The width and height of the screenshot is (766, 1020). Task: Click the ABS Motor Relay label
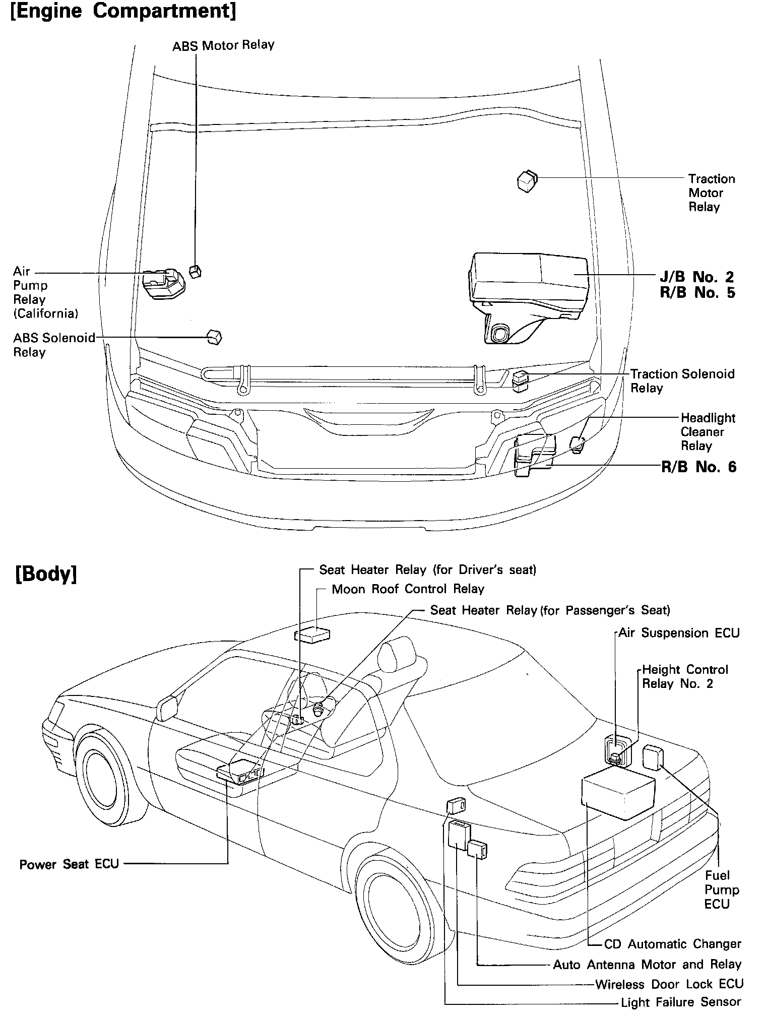223,45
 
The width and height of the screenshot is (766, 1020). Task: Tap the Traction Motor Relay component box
527,181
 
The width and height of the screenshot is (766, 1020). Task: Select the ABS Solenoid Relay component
215,337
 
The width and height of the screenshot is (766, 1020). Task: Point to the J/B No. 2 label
697,277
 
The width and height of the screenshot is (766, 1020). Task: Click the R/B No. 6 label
698,467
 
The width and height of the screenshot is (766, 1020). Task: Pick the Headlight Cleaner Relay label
708,432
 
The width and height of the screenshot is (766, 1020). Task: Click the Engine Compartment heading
123,11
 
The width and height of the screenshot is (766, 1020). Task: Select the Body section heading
46,575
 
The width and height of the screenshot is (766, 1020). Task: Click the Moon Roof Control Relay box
312,635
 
